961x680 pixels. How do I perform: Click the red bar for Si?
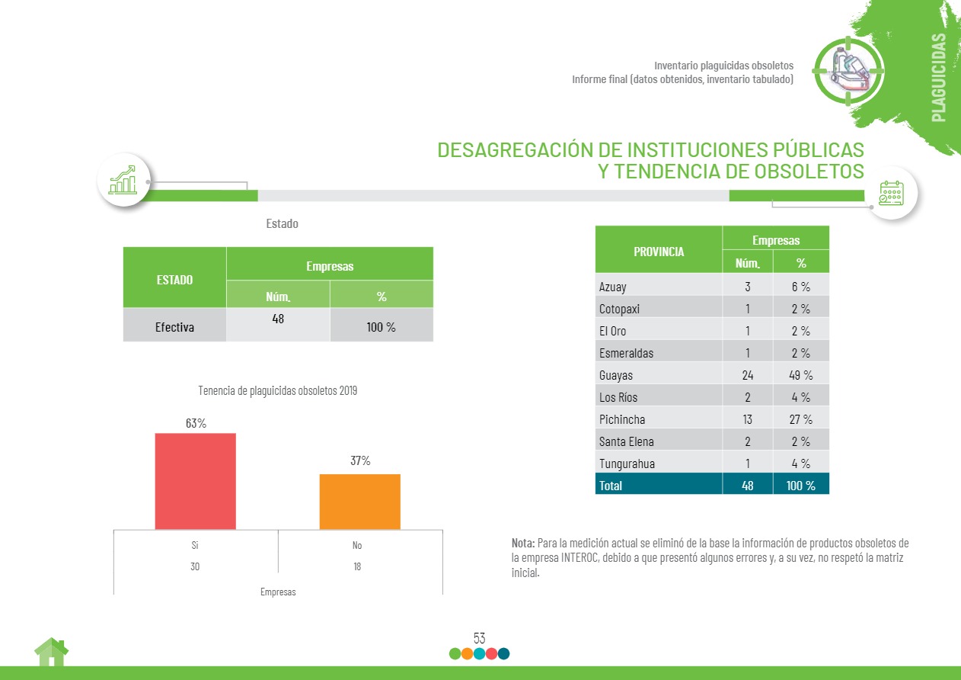pos(195,481)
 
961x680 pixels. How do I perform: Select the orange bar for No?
pos(359,502)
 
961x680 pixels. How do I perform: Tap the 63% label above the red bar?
pos(196,423)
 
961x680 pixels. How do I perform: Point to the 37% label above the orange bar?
pos(360,460)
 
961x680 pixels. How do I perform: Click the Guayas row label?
pos(616,375)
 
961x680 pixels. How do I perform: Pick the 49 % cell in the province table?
pos(800,375)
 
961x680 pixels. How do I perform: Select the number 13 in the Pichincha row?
pos(747,419)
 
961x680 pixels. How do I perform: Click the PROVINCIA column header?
pos(658,252)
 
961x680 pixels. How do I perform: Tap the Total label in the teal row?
pos(611,485)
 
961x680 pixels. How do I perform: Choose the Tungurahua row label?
pos(627,463)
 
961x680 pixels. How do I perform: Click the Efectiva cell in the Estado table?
pos(174,327)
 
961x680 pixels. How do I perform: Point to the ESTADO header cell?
pos(174,279)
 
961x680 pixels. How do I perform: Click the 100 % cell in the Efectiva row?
pos(381,327)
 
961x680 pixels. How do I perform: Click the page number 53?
pos(480,638)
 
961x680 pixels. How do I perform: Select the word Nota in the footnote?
pos(523,543)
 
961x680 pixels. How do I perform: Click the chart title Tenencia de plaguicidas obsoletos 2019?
pos(277,390)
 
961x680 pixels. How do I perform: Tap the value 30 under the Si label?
pos(196,567)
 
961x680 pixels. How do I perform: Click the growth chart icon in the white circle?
pos(123,181)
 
